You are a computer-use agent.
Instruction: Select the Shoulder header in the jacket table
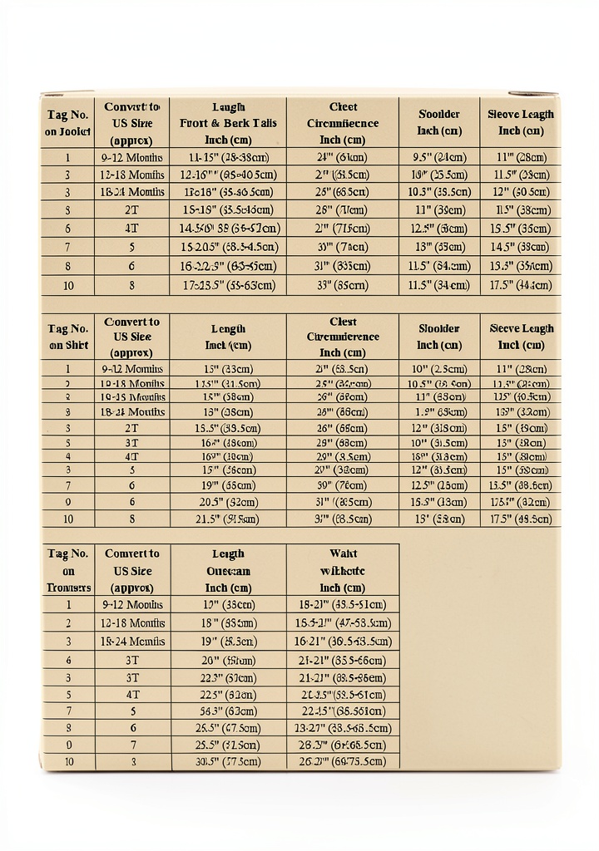(x=439, y=123)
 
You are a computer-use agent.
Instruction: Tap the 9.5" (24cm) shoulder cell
(x=439, y=157)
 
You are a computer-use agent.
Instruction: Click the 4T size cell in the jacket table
(x=131, y=228)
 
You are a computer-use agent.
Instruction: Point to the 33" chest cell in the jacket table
(x=343, y=284)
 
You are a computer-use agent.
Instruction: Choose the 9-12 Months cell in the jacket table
(x=131, y=157)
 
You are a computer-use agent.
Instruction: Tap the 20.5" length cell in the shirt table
(x=228, y=502)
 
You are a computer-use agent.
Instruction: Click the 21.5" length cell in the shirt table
(x=228, y=519)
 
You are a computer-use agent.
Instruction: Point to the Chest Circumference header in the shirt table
(x=343, y=337)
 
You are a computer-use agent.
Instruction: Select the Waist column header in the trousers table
(x=343, y=570)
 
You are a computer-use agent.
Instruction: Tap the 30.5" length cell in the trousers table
(x=228, y=761)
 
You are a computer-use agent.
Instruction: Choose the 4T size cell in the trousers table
(x=131, y=694)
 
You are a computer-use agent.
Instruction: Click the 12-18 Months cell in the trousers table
(x=131, y=622)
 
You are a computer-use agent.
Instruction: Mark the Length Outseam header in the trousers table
(x=228, y=570)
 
